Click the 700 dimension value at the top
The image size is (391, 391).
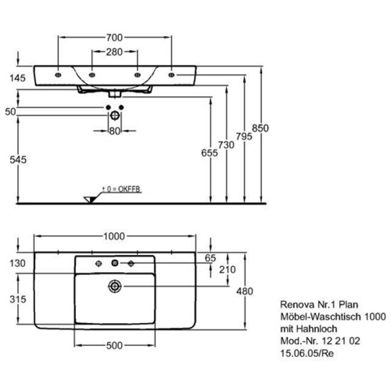coord(114,38)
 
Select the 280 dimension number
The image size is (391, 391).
coord(114,52)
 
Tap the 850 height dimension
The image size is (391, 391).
coord(261,128)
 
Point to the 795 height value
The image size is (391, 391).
coord(244,136)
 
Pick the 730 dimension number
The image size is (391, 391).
coord(226,145)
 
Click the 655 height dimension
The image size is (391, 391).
coord(210,153)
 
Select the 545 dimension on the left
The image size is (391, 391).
coord(18,160)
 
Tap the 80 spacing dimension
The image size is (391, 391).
coord(115,131)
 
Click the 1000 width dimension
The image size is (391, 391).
coord(114,236)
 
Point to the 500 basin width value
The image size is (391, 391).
coord(114,346)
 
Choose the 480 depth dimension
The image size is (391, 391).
coord(245,291)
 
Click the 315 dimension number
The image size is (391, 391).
coord(18,299)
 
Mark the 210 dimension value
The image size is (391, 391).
coord(227,270)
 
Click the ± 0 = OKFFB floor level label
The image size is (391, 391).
coord(121,189)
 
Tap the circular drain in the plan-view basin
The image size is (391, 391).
coord(115,286)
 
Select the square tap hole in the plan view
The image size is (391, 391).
coord(115,263)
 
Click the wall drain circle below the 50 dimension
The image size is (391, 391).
coord(115,115)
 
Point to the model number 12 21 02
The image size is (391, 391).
coord(341,341)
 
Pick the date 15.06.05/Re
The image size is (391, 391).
coord(307,353)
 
